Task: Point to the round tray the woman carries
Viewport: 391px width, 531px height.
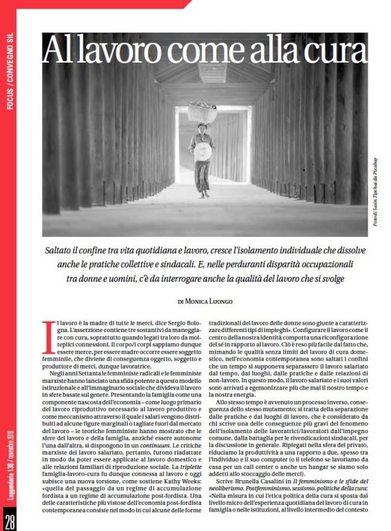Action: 203,153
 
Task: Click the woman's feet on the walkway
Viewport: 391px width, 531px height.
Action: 203,194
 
